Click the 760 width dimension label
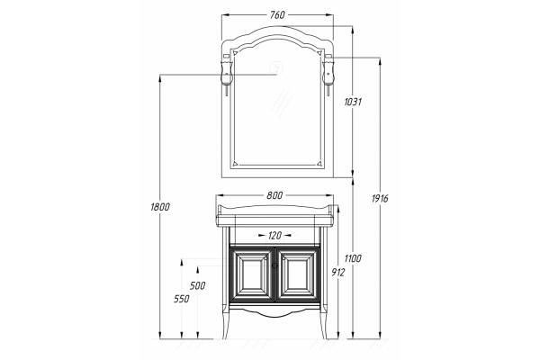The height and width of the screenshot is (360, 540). click(277, 14)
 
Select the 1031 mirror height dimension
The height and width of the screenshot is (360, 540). click(353, 102)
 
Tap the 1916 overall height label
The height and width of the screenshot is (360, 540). click(380, 198)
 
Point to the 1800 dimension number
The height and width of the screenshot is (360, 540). click(160, 207)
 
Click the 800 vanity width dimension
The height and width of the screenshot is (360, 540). click(274, 195)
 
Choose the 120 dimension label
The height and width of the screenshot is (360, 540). click(274, 236)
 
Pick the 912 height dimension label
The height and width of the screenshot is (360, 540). click(337, 273)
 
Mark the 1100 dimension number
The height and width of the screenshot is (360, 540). click(353, 258)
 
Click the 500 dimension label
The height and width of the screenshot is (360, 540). click(197, 285)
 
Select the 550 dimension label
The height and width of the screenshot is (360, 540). click(182, 299)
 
